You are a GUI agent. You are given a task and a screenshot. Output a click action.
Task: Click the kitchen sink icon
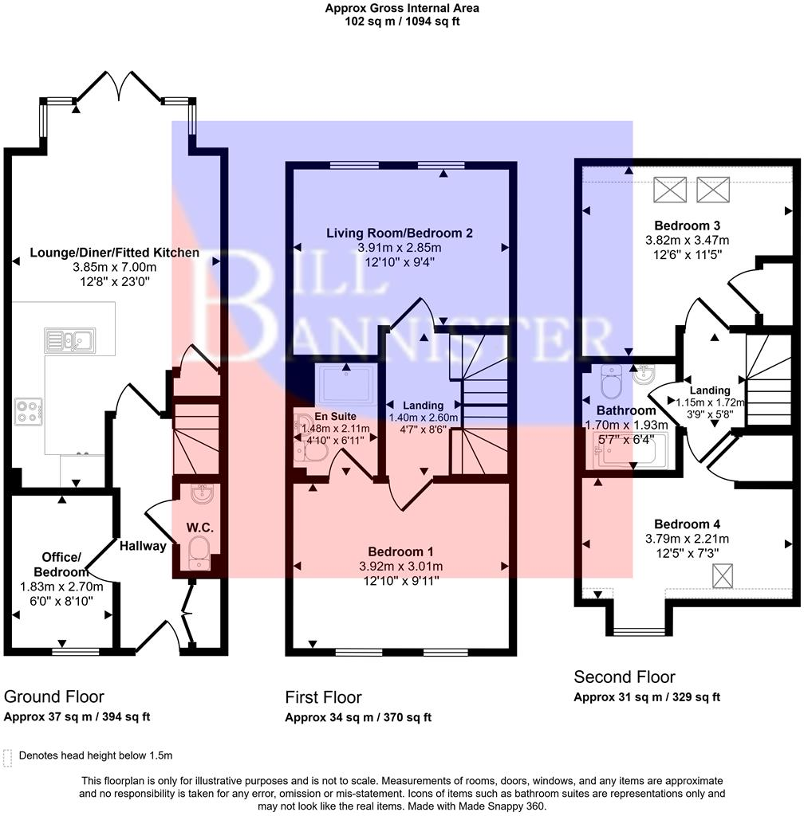coord(70,340)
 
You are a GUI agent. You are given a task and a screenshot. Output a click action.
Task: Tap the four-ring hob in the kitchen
coord(28,410)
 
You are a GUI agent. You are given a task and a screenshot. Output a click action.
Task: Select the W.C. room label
coord(197,528)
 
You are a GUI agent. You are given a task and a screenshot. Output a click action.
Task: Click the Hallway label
coord(144,546)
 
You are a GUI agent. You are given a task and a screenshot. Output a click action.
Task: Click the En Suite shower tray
coord(347,386)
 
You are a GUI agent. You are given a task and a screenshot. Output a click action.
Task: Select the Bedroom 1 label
coord(400,551)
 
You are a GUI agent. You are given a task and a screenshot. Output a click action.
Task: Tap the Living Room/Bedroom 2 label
coord(400,233)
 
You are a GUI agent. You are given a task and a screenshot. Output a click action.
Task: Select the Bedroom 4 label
coord(687,524)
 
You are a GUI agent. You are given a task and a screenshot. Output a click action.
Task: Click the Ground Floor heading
coord(54,696)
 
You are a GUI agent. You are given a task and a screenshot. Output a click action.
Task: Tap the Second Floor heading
coord(625,677)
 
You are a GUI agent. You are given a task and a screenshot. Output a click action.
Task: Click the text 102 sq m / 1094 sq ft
coord(402,22)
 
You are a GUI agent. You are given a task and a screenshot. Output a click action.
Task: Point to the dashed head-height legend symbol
coord(8,756)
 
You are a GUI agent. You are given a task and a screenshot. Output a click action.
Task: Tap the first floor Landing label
coord(422,405)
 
